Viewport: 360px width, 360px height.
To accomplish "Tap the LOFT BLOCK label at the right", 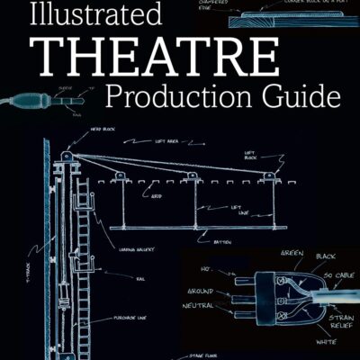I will click(x=250, y=156).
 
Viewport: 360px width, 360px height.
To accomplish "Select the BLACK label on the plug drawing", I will click(x=325, y=256).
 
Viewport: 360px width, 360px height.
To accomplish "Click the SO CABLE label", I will click(x=340, y=274).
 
